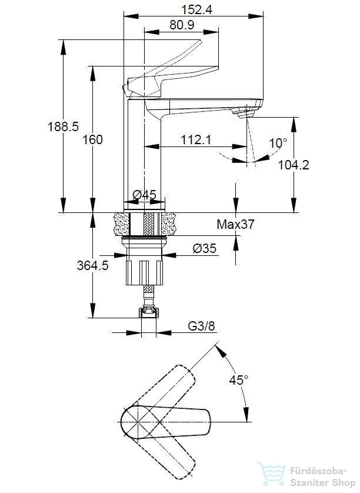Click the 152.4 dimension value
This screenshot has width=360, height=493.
(196, 10)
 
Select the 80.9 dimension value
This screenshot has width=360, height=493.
(182, 25)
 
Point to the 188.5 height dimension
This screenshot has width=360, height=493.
(63, 126)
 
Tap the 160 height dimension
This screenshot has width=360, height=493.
(93, 139)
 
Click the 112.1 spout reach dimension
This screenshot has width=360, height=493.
(196, 139)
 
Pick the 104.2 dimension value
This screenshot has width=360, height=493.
(294, 165)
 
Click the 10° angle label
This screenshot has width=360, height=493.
(278, 144)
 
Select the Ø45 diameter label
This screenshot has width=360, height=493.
(144, 195)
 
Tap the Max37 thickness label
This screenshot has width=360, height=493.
(235, 224)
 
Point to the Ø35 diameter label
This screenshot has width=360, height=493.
(205, 248)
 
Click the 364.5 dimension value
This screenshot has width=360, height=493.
(93, 265)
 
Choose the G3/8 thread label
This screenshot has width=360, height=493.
(202, 326)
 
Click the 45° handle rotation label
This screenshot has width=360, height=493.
(238, 380)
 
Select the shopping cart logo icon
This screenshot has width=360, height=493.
(271, 474)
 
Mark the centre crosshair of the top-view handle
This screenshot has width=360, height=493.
(137, 421)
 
